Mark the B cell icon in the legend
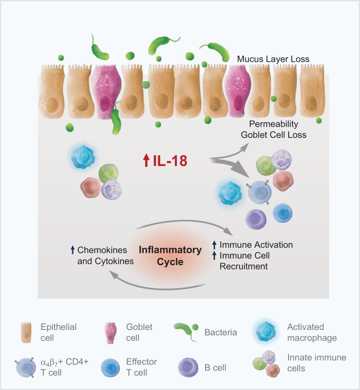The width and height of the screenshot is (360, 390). (187, 368)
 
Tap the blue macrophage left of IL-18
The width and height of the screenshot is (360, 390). (82, 157)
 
